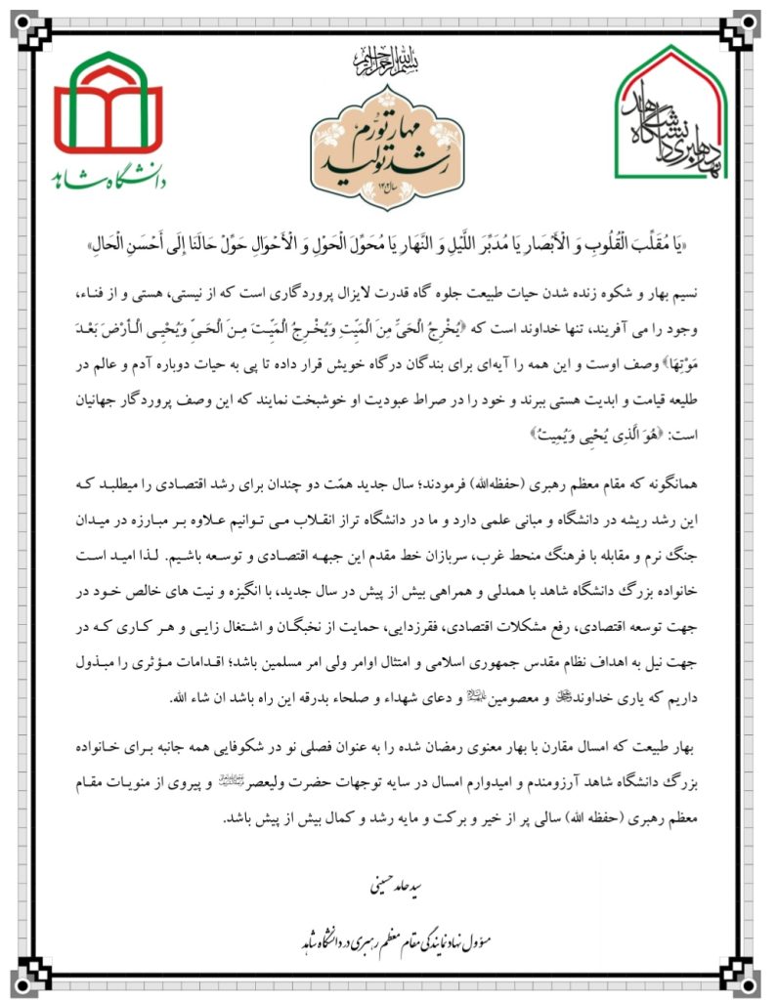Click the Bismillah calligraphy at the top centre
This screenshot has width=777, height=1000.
coord(388,63)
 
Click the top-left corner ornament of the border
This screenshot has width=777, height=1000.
coord(24,24)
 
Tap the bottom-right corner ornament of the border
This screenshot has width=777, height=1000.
coord(752,977)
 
